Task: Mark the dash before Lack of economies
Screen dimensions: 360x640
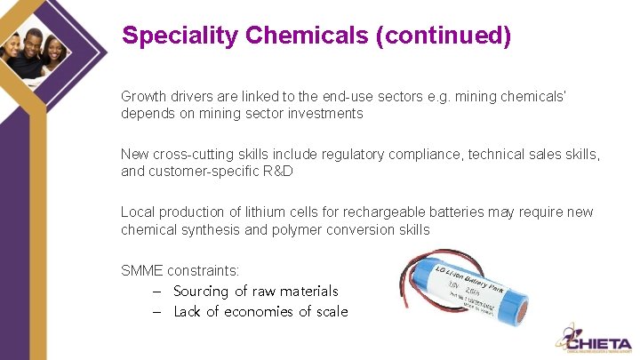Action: [156, 311]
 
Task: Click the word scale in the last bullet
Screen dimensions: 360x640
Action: [330, 311]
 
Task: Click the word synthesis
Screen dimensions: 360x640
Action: [204, 229]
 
